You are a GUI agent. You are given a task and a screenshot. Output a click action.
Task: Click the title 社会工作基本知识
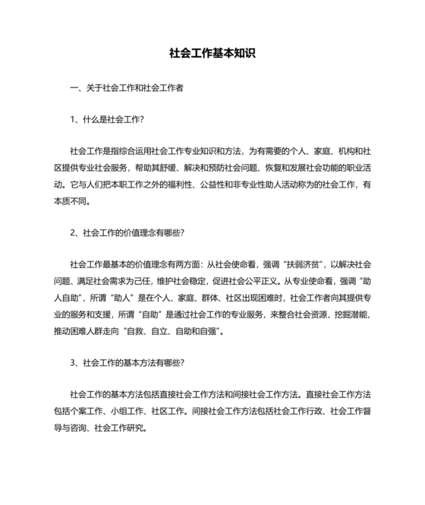pos(212,54)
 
